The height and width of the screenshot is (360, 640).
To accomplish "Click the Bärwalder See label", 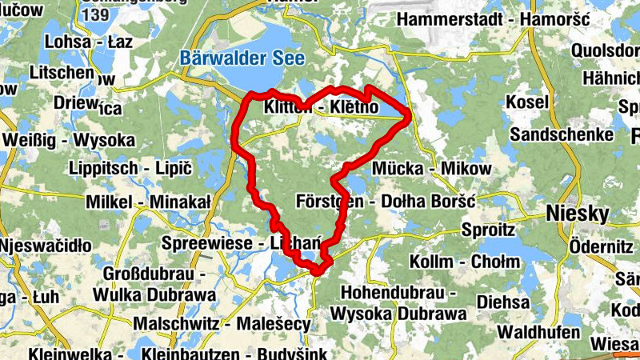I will click(x=232, y=58).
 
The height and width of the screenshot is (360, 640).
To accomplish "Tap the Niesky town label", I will click(x=577, y=213).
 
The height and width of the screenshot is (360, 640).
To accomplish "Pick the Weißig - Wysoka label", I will click(x=69, y=140).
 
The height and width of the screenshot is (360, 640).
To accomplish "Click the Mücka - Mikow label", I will click(x=432, y=169).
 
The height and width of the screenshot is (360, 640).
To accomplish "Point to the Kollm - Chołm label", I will click(x=454, y=262).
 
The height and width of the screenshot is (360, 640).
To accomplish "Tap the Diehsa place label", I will click(x=503, y=302).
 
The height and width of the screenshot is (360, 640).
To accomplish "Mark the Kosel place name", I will click(x=527, y=102).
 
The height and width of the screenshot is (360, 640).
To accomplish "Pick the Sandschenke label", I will click(x=562, y=134).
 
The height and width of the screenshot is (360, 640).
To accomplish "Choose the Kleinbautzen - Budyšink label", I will click(x=232, y=353).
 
